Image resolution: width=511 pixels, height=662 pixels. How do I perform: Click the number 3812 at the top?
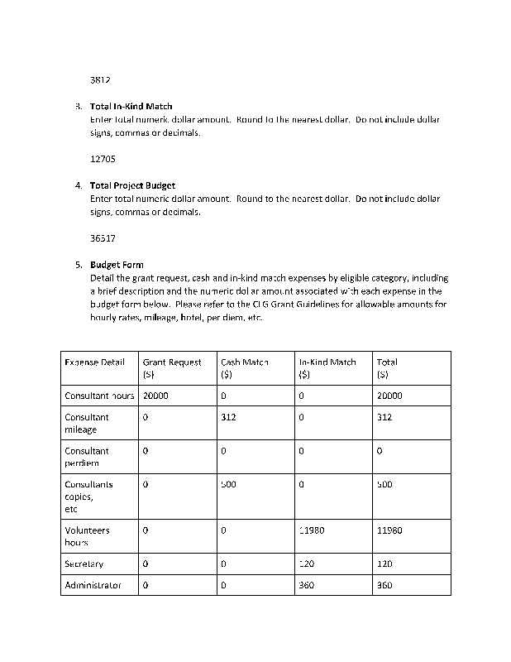[100, 80]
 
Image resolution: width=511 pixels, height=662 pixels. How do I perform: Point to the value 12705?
[103, 159]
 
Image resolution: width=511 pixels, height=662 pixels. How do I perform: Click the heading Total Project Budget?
[132, 185]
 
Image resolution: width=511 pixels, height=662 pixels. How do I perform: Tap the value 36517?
[103, 237]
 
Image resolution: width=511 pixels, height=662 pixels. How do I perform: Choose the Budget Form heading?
[117, 265]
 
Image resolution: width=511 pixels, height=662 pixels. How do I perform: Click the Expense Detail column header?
[95, 362]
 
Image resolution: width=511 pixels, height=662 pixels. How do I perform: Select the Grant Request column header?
[172, 367]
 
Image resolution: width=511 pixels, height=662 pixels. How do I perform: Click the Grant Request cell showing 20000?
[155, 396]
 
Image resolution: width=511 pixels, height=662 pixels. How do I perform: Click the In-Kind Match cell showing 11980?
[311, 530]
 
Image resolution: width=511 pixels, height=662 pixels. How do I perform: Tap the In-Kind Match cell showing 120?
[307, 564]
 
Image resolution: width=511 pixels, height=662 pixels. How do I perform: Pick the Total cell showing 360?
[384, 585]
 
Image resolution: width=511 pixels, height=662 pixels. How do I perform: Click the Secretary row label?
[84, 564]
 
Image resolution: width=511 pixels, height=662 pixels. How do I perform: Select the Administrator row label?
[93, 585]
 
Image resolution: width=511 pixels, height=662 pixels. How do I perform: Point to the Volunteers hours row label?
[88, 536]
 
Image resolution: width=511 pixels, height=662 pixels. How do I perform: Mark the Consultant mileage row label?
[87, 423]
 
